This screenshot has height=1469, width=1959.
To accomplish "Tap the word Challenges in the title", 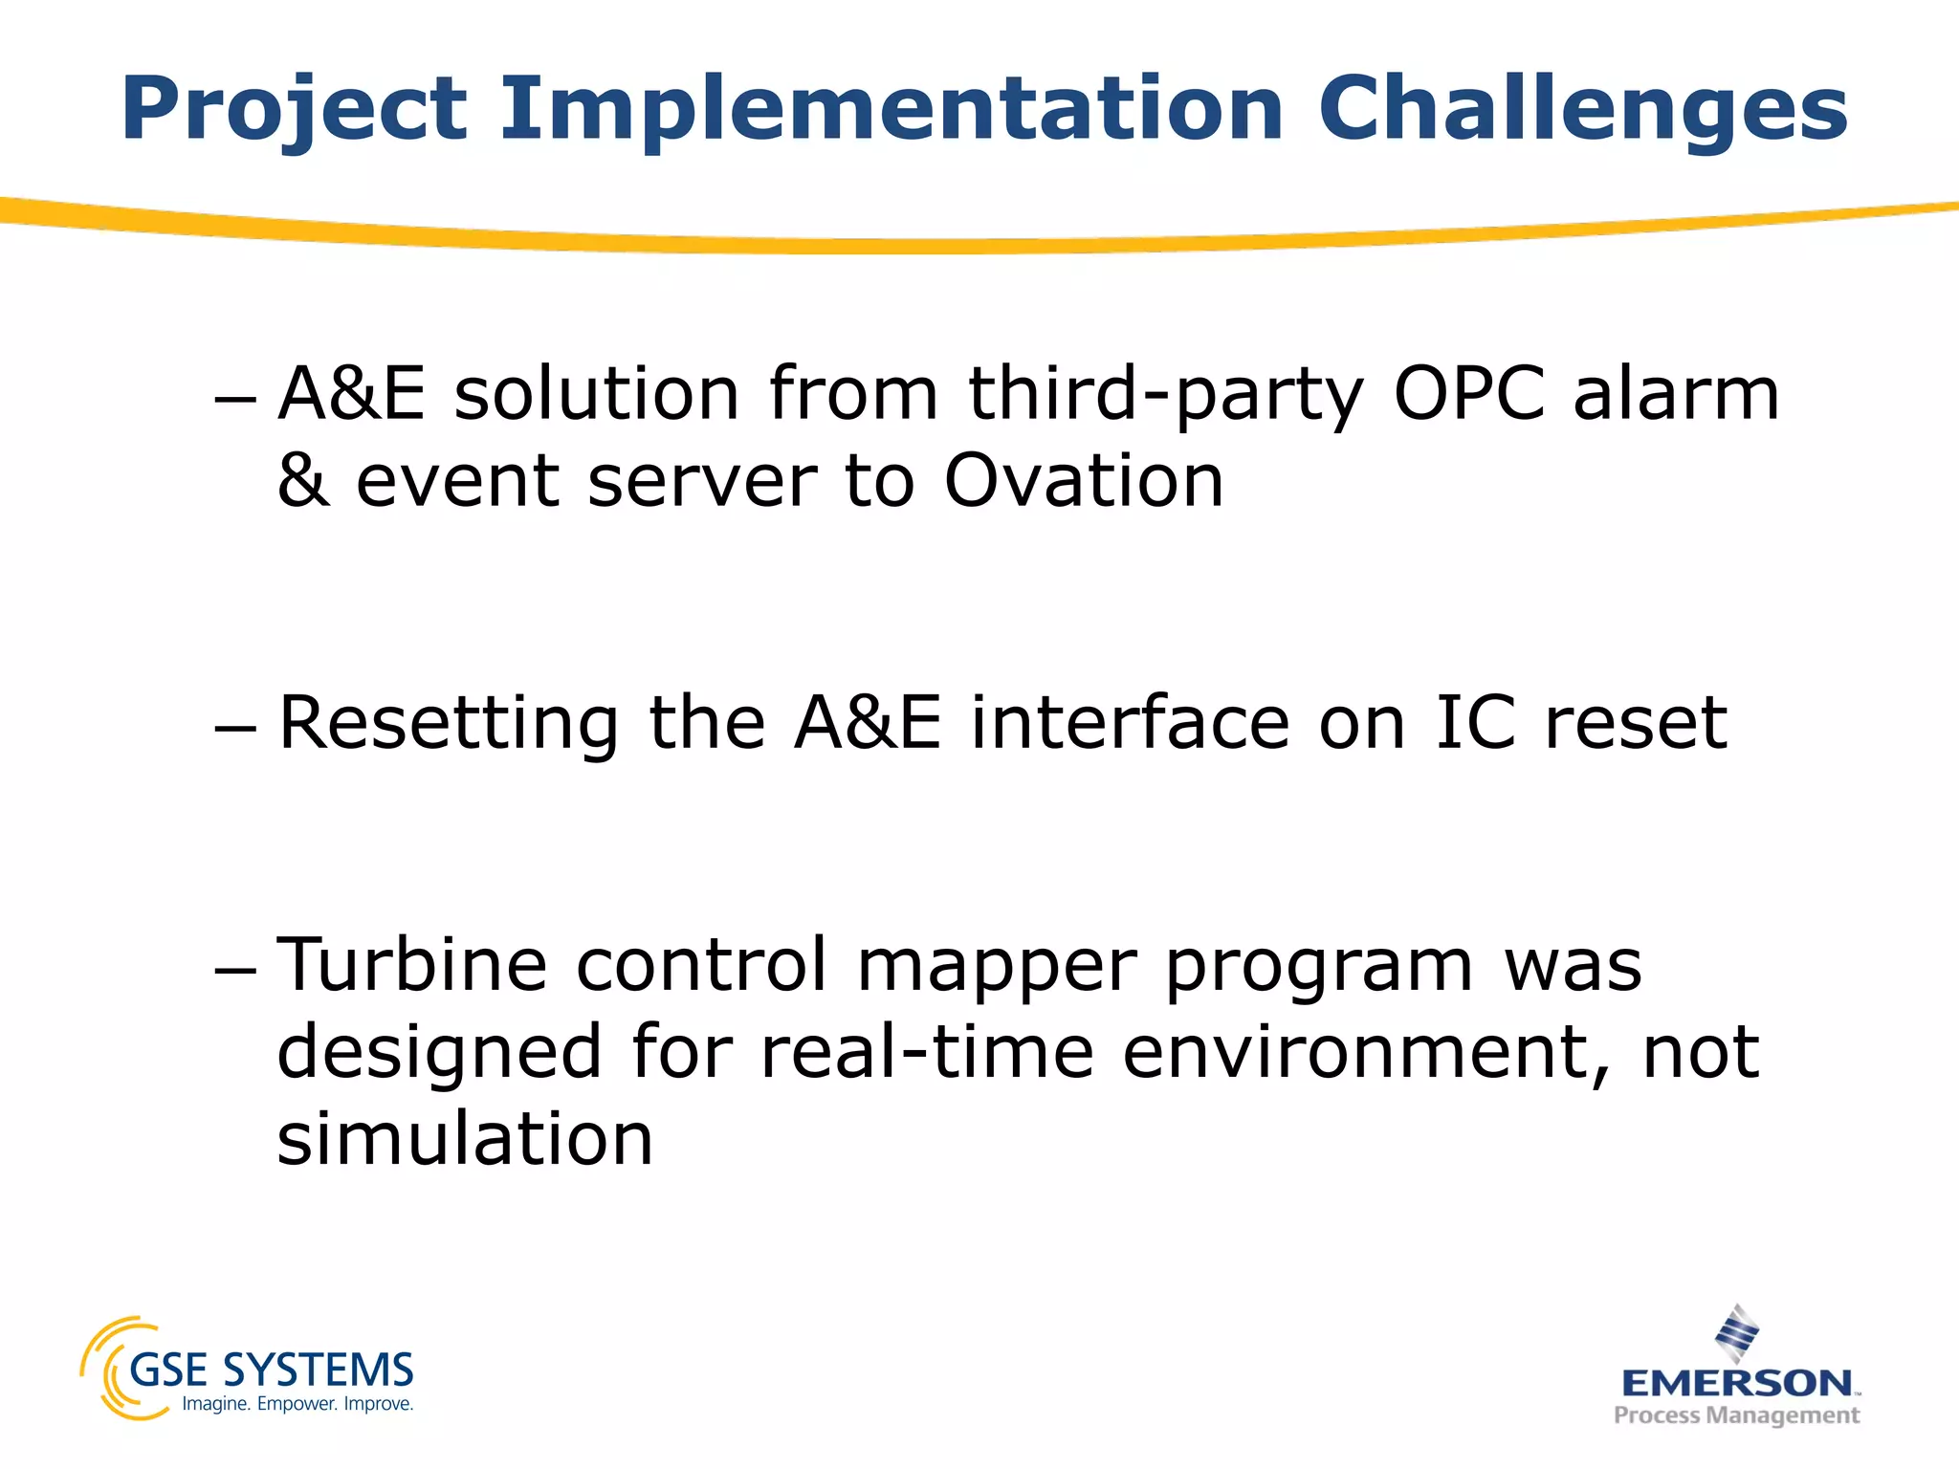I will pos(1583,110).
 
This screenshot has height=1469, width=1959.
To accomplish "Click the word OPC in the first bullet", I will pos(1469,393).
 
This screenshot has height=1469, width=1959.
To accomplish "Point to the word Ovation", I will pos(1084,480).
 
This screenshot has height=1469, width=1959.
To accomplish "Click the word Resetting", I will pos(449,723).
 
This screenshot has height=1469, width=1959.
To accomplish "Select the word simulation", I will pos(465,1138).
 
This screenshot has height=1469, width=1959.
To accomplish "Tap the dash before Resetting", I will pos(235,727).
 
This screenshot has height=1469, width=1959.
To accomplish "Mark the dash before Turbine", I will pos(235,969).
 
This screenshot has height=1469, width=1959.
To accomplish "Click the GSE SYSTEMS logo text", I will pos(271,1370).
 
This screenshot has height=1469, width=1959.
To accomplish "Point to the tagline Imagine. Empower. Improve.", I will pos(297,1404).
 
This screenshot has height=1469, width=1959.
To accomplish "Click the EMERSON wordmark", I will pos(1736,1383).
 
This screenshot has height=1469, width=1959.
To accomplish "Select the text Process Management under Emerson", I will pos(1736,1414).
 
